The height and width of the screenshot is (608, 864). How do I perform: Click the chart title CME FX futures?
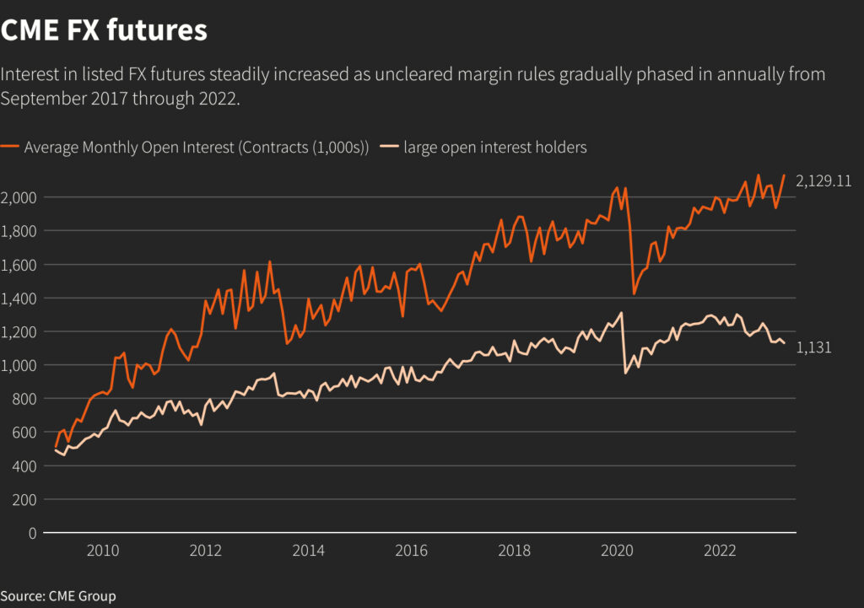(104, 30)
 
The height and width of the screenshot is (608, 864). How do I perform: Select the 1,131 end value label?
(814, 347)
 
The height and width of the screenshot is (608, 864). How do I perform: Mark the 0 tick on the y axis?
(33, 533)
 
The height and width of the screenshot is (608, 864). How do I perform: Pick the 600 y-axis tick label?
(25, 432)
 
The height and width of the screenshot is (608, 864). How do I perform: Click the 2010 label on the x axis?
(102, 552)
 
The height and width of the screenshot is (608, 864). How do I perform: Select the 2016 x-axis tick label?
(411, 552)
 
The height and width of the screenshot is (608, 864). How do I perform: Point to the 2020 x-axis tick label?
(617, 552)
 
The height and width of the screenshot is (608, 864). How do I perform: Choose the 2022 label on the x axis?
(720, 552)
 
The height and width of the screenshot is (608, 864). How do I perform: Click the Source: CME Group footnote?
(58, 596)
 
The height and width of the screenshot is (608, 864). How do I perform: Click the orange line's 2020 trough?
(634, 293)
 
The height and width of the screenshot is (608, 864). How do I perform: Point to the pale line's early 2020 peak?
(622, 313)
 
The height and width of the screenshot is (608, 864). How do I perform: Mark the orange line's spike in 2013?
(270, 261)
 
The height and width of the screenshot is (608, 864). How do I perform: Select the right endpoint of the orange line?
(784, 175)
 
